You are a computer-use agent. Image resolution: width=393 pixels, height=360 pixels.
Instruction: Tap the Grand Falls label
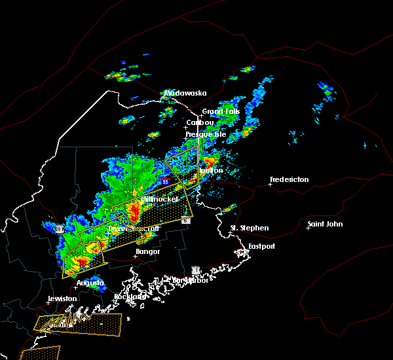[221, 111]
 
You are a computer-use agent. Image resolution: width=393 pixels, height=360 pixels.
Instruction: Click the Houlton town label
[212, 170]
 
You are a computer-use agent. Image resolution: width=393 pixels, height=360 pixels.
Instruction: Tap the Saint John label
[327, 225]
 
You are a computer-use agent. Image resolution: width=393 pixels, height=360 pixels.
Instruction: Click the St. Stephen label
[250, 228]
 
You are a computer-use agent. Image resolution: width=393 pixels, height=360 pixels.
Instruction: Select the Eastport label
[262, 246]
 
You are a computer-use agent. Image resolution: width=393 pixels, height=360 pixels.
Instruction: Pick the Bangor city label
[147, 251]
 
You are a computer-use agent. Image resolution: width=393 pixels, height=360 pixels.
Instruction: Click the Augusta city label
[90, 283]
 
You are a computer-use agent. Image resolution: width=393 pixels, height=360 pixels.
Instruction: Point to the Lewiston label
[62, 298]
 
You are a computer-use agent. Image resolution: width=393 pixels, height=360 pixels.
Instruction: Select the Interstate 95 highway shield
[166, 181]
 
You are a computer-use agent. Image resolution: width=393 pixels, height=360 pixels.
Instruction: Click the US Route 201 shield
[59, 229]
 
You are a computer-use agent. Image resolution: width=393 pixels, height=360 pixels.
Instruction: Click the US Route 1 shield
[195, 270]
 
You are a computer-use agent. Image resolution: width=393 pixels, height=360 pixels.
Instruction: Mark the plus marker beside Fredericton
[270, 184]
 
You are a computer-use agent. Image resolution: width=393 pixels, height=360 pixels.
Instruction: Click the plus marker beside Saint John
[308, 228]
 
